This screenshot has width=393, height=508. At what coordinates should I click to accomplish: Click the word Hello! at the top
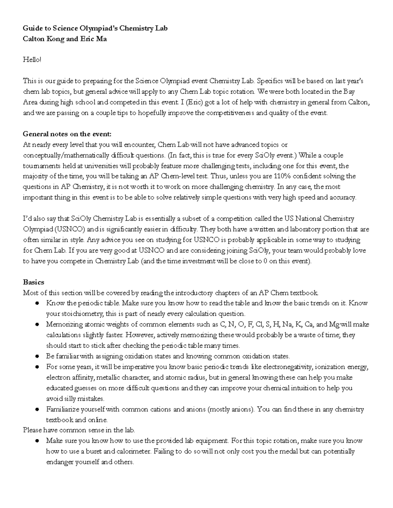[32, 60]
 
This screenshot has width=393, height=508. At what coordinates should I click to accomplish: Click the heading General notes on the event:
[67, 134]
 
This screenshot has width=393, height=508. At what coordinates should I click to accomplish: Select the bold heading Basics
[33, 282]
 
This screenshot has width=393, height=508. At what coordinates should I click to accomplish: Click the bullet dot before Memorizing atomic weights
[38, 324]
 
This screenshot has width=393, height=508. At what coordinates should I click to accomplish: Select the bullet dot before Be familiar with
[38, 356]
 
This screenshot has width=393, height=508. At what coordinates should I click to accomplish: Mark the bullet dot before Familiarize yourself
[38, 409]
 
